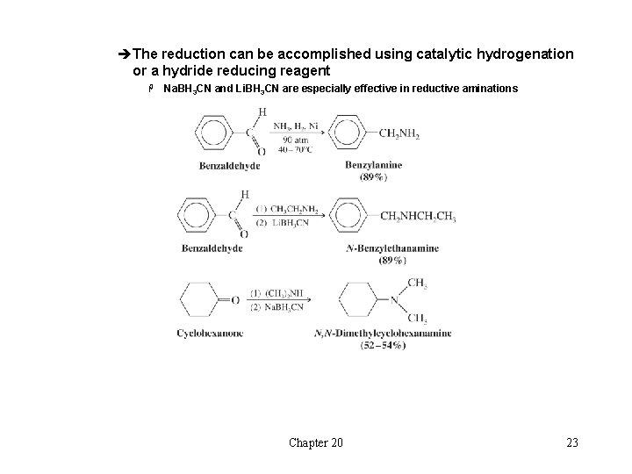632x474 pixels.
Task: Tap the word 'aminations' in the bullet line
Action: point(486,89)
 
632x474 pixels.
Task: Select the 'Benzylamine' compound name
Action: point(373,164)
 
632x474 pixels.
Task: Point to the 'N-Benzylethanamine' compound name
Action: point(392,248)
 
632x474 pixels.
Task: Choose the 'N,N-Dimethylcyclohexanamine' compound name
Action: point(382,334)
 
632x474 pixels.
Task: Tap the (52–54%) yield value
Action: point(382,345)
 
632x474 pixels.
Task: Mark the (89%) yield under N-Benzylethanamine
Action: point(392,260)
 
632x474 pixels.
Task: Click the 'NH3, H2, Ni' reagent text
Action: point(295,126)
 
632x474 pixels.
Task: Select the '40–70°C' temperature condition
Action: point(295,151)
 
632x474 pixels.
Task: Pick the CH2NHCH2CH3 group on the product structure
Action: point(417,217)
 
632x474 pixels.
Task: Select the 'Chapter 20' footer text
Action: point(316,442)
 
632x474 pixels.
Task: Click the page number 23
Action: point(572,442)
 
